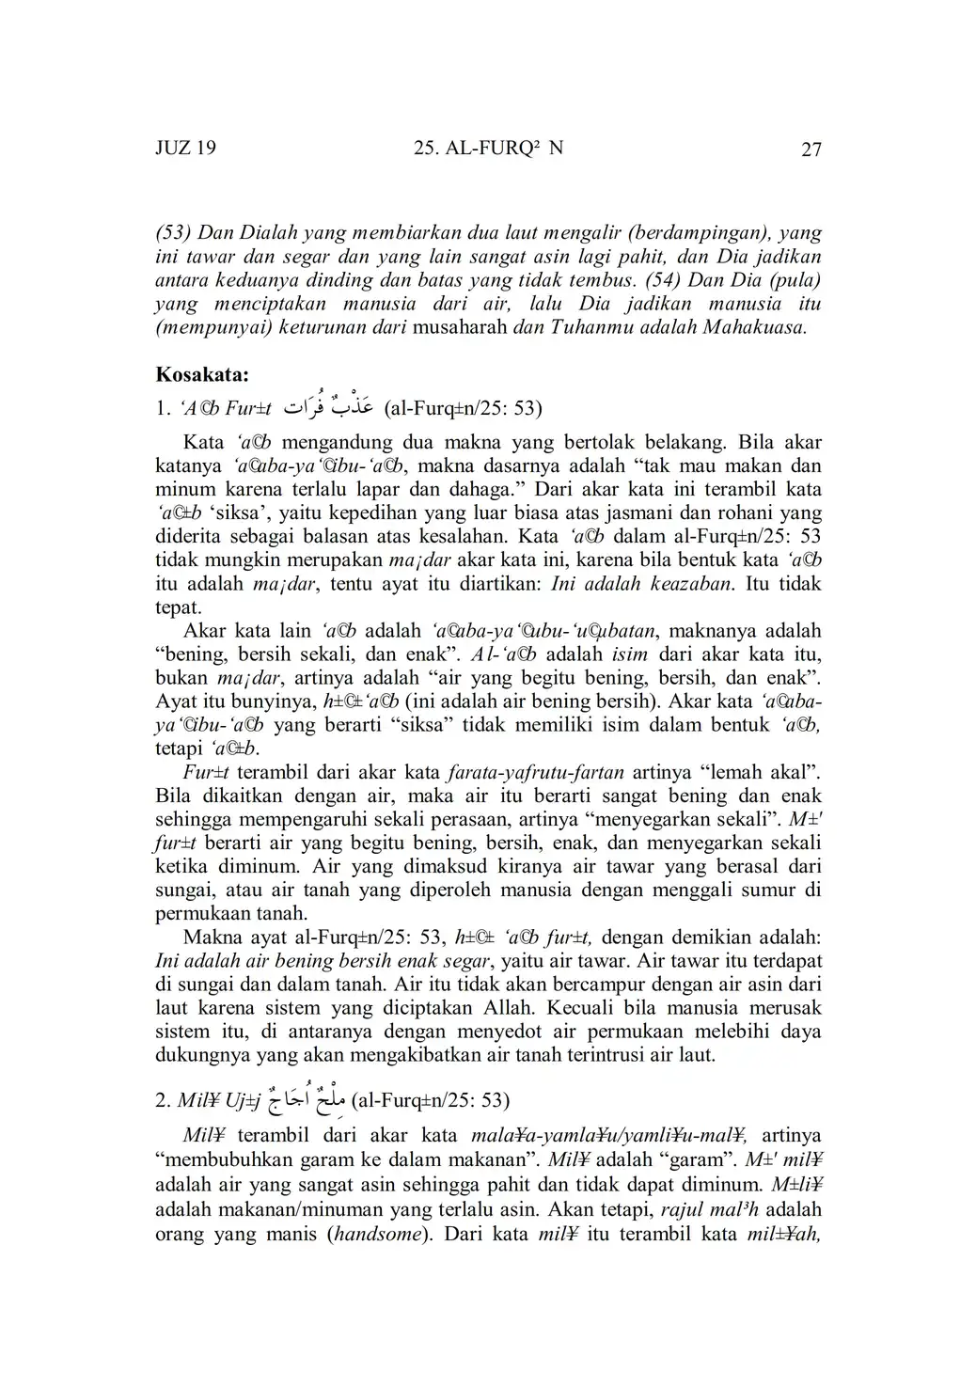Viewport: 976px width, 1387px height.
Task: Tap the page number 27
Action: tap(811, 150)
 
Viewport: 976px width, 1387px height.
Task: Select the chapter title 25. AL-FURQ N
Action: tap(488, 149)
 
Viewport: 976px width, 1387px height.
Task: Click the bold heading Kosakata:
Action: tap(201, 374)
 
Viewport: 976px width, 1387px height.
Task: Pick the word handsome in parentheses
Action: tap(376, 1234)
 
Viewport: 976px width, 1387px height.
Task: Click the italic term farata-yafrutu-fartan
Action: tap(534, 772)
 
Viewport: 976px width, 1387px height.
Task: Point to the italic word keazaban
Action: tap(691, 583)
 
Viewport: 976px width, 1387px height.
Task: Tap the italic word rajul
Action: tap(689, 1208)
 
